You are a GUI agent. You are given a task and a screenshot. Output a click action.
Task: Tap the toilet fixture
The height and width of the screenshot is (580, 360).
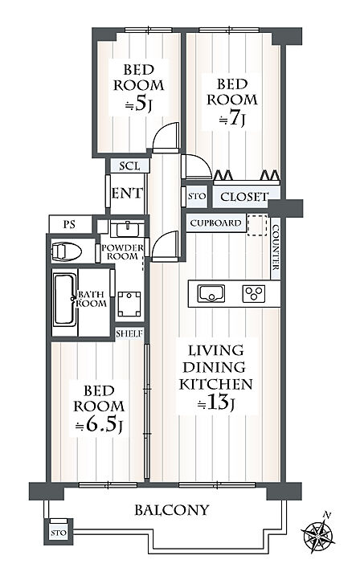67,251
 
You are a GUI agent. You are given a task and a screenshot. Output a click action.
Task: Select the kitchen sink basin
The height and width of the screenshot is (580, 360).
211,293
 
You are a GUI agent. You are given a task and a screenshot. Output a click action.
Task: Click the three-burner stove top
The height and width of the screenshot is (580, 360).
253,294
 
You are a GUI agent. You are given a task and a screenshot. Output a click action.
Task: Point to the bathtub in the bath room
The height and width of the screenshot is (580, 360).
65,300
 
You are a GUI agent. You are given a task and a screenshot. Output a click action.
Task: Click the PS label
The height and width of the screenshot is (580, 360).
69,224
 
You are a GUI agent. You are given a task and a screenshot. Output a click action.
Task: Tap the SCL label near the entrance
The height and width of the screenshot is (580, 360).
129,166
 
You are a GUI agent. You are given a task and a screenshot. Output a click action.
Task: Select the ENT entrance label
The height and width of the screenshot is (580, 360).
126,193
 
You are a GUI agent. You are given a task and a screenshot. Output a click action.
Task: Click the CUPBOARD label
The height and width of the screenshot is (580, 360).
215,223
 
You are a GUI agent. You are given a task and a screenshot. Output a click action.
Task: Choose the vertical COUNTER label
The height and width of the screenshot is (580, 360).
276,247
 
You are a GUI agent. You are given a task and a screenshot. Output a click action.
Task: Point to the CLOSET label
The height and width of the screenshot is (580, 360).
243,197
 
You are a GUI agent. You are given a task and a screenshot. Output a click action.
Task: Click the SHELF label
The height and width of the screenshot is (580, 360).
129,333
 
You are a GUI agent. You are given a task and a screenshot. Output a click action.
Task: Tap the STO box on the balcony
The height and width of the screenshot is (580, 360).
59,532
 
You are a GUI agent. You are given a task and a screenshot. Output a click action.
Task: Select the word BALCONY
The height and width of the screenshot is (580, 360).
172,510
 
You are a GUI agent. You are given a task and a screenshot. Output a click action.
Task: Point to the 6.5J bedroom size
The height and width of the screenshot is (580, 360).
98,426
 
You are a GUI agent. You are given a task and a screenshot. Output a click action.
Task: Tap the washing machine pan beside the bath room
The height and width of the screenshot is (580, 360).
129,304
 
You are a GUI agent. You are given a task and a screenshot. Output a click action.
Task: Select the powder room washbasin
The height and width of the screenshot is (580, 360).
127,230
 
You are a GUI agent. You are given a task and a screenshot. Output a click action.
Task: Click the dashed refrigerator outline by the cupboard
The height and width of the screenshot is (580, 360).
257,225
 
